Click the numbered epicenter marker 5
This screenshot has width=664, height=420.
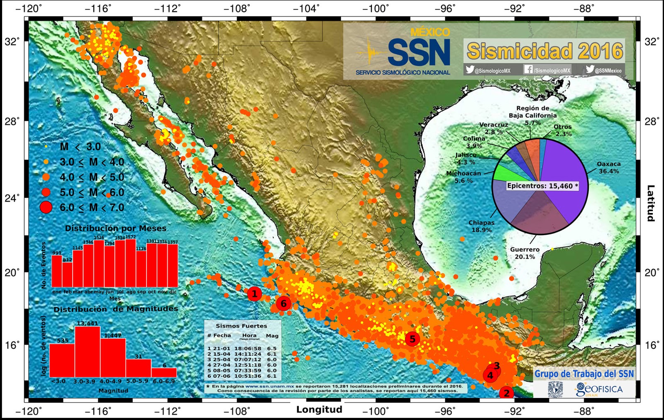coord(412,339)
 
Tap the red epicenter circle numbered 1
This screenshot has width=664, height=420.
coord(254,294)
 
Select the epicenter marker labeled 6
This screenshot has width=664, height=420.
coord(283,304)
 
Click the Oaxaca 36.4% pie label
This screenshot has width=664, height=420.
coord(608,167)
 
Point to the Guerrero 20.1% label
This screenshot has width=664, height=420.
coord(525,253)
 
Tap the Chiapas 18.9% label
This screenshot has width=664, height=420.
coord(481,226)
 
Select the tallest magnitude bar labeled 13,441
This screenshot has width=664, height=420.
coord(88,351)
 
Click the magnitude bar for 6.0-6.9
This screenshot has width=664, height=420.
coord(164,372)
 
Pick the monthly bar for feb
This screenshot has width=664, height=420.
coord(67,274)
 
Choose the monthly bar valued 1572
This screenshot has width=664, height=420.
coord(130,263)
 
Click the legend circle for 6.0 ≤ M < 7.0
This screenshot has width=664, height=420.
coord(46,207)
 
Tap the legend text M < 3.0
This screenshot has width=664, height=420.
coord(80,147)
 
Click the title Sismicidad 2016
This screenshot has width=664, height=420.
coord(544,51)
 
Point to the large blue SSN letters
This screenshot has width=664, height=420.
coord(419,53)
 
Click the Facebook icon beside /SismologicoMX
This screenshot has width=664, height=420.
coord(528,69)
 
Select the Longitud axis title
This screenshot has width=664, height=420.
coord(319,410)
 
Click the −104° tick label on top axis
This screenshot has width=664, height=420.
coord(306,8)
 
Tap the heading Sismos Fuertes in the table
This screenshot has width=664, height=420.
coord(241,326)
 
